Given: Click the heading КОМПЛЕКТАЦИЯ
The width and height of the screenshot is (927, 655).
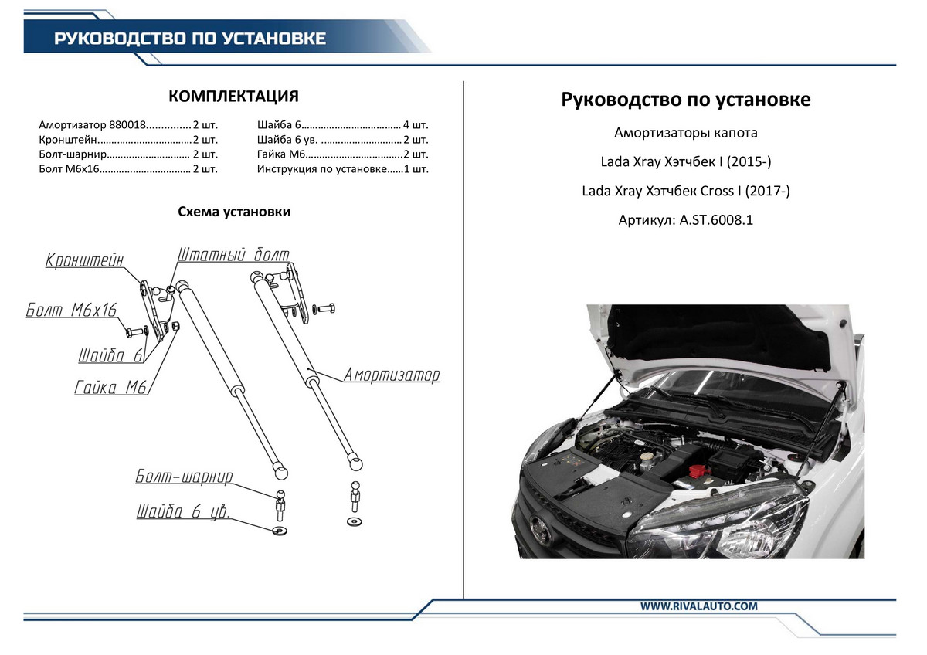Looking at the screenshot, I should tap(233, 97).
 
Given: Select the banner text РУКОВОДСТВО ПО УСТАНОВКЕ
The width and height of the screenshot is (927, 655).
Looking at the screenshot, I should tap(189, 39).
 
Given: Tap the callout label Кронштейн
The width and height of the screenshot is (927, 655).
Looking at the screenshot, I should tap(84, 260).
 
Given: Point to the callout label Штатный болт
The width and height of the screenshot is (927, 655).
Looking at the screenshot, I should tap(233, 255).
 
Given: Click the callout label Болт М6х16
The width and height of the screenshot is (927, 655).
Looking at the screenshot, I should tap(71, 311).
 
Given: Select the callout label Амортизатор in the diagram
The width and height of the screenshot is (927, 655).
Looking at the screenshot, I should tap(392, 375).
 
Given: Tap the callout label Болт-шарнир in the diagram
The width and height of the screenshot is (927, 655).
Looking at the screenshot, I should tap(184, 476).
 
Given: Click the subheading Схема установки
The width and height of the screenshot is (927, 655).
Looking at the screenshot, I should tap(234, 212).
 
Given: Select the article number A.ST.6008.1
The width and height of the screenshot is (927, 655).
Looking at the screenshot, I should tap(685, 220).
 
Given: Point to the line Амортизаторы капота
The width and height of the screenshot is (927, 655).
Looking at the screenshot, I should tap(685, 133).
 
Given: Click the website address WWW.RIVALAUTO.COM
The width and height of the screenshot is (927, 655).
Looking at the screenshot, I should tap(698, 607).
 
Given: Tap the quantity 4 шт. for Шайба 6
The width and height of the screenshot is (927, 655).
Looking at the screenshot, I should tap(415, 124).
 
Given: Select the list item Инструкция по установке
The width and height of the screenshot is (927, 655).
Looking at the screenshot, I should tap(321, 168).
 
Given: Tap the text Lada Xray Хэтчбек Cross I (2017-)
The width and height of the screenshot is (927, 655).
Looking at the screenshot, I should tap(685, 191).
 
